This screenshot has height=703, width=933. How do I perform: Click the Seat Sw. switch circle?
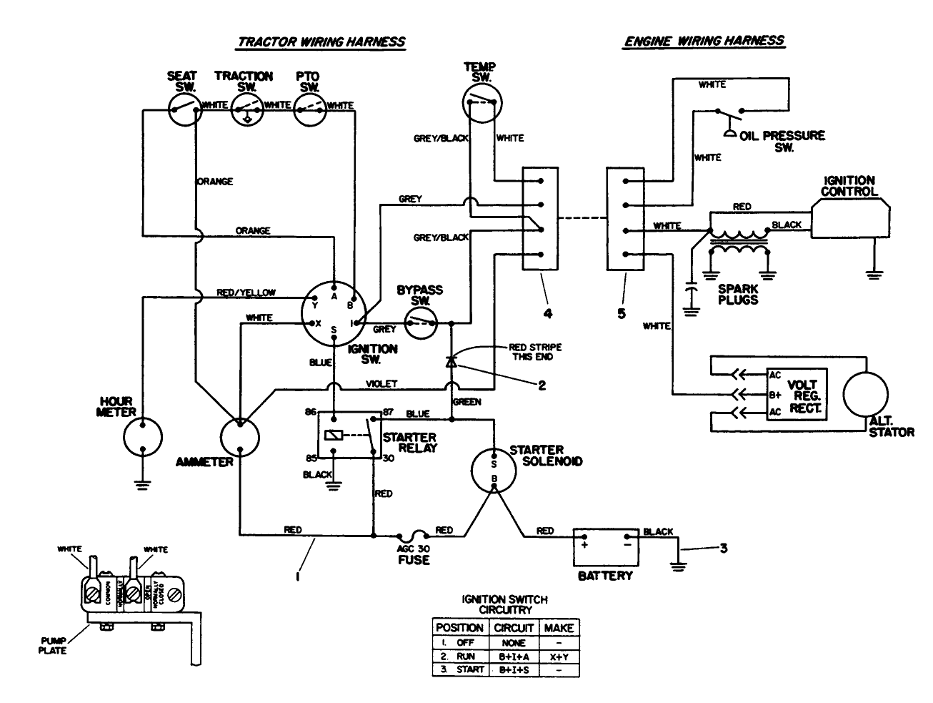pyautogui.click(x=184, y=109)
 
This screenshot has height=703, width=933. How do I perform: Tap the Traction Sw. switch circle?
pyautogui.click(x=246, y=109)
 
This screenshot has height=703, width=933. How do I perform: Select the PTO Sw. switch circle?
pyautogui.click(x=309, y=109)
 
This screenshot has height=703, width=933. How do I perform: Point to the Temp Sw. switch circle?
pyautogui.click(x=483, y=100)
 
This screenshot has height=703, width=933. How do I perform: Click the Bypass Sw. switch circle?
pyautogui.click(x=421, y=325)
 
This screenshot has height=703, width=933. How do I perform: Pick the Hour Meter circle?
pyautogui.click(x=143, y=436)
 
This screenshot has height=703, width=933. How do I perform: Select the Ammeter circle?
pyautogui.click(x=240, y=436)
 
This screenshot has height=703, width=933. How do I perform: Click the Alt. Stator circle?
pyautogui.click(x=867, y=394)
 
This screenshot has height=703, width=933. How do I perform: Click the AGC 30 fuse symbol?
pyautogui.click(x=414, y=535)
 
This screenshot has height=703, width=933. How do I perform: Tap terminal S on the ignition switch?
pyautogui.click(x=334, y=330)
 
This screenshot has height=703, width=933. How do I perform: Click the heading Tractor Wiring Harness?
pyautogui.click(x=321, y=41)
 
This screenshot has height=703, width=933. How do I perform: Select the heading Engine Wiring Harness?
pyautogui.click(x=704, y=41)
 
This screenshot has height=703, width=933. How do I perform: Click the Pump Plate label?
pyautogui.click(x=53, y=646)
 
